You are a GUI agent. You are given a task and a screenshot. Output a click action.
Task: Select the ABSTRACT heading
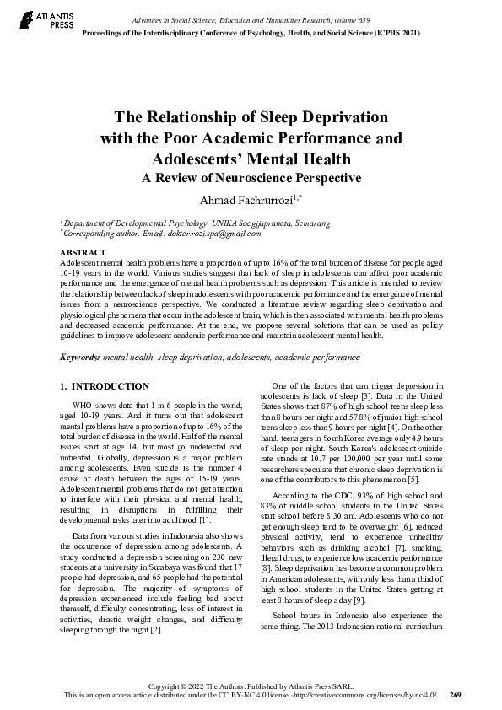tap(83, 253)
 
